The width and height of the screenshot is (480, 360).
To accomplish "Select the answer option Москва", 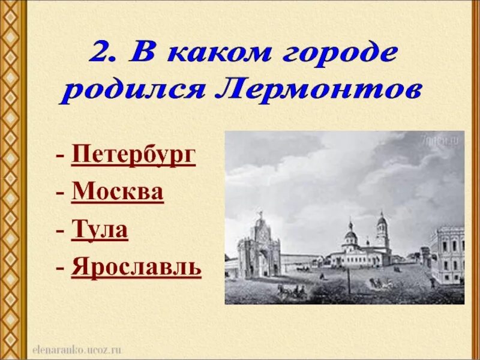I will (x=118, y=193).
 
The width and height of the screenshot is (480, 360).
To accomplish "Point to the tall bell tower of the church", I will (x=382, y=234).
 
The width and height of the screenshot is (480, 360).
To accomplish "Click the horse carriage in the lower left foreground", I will (x=291, y=292).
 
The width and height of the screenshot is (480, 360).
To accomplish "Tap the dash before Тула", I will (x=61, y=230).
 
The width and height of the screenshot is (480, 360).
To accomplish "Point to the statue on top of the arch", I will (x=260, y=214).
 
